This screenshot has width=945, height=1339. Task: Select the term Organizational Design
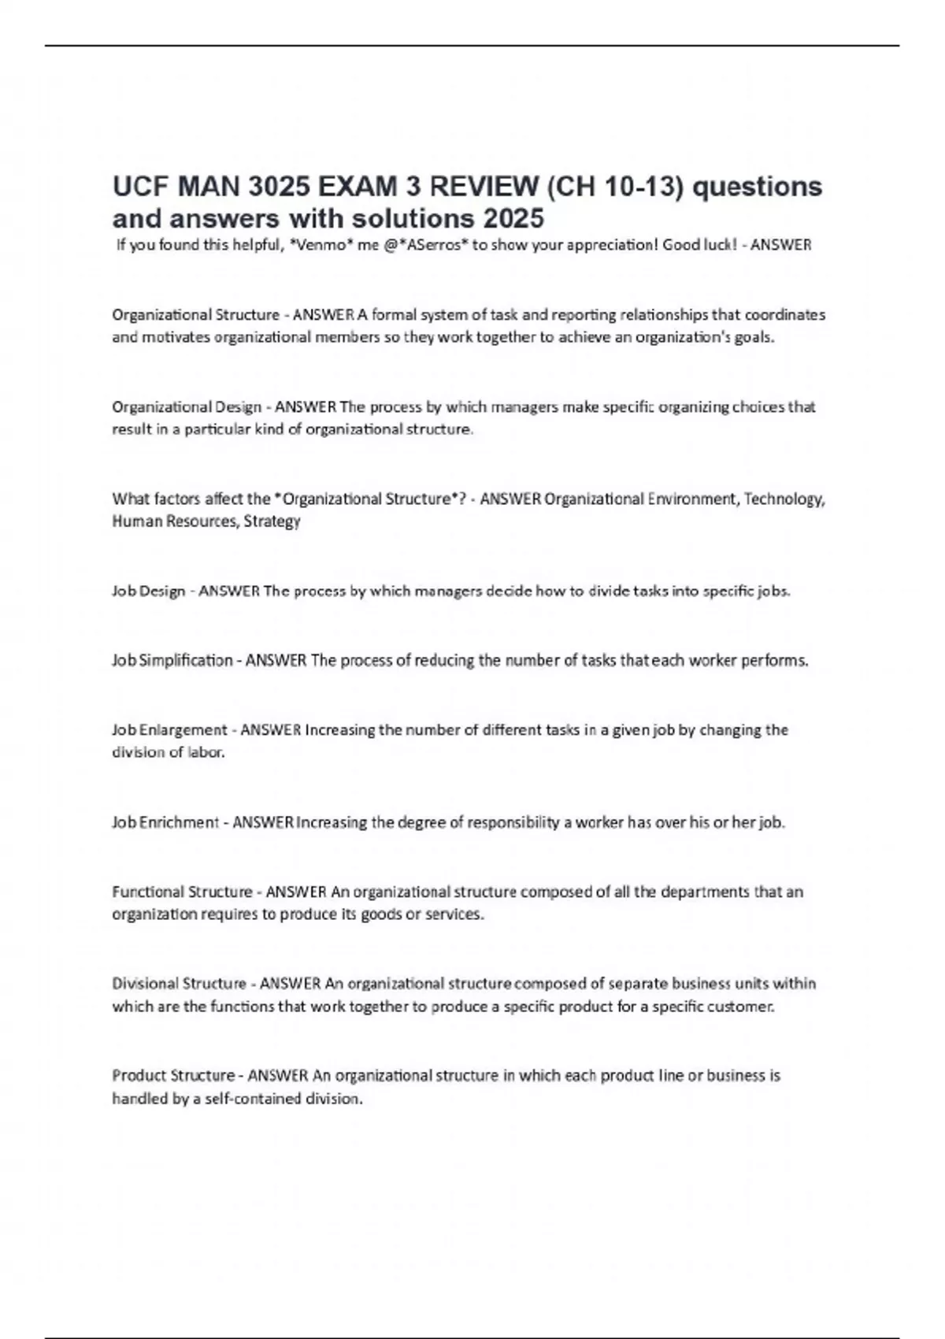(187, 407)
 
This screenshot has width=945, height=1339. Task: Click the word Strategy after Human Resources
(272, 521)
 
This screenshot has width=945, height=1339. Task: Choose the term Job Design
(149, 592)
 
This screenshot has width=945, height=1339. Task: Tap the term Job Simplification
(172, 661)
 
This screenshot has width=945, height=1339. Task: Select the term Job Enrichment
(165, 823)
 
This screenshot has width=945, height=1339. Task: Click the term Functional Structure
(182, 892)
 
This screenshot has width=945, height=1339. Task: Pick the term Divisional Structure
(179, 984)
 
